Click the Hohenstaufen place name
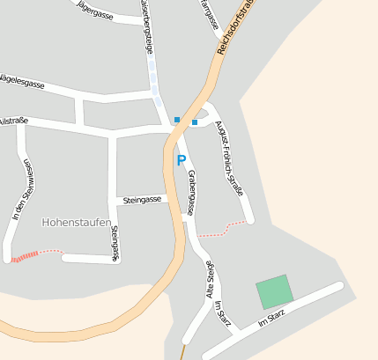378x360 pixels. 77,224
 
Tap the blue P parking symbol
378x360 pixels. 182,161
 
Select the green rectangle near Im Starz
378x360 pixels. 274,291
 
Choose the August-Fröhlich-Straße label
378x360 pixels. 231,158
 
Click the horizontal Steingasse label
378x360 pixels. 142,200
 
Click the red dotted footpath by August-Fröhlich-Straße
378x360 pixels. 221,231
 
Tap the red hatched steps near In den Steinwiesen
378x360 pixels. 26,257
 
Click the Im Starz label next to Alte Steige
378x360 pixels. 223,315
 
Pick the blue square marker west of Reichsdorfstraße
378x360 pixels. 177,120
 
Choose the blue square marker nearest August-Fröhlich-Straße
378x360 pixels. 195,121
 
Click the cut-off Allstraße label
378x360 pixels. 13,121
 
